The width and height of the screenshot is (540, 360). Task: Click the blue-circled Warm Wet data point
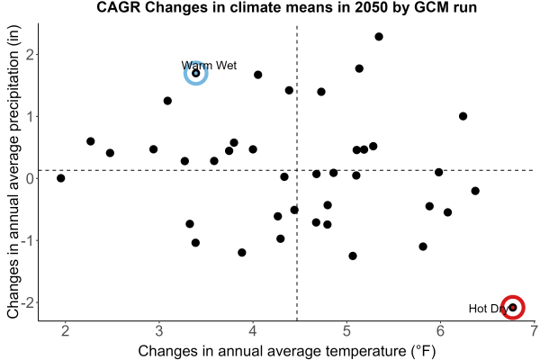click(196, 74)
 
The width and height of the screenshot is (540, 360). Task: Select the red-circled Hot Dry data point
click(513, 307)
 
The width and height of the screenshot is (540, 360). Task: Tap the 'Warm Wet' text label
click(209, 66)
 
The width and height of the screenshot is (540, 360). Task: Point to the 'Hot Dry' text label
click(489, 309)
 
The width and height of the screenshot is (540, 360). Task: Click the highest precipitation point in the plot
click(379, 37)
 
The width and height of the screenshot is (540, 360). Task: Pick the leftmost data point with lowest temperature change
click(61, 178)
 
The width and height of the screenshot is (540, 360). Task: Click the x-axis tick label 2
click(65, 331)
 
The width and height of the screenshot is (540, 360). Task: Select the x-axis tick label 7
click(534, 331)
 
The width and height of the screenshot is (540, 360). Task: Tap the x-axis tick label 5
click(346, 331)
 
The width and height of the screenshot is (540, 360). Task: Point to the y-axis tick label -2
click(27, 302)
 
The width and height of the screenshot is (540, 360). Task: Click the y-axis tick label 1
click(31, 116)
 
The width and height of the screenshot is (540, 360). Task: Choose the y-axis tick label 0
click(31, 178)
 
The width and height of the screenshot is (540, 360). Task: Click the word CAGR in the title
click(119, 7)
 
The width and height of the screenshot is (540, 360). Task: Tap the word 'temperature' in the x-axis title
click(366, 351)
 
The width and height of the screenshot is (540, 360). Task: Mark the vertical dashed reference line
click(297, 173)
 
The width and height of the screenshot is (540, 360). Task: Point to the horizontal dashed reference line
click(286, 170)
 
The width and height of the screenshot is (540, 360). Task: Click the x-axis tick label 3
click(158, 331)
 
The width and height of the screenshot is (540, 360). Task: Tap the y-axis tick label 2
click(31, 54)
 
